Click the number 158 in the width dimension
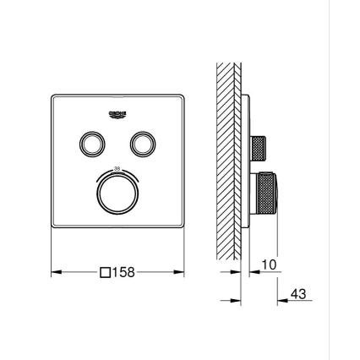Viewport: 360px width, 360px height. pos(123,273)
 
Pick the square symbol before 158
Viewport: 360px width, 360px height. pos(105,273)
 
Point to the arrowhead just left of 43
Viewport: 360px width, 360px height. pos(281,300)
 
